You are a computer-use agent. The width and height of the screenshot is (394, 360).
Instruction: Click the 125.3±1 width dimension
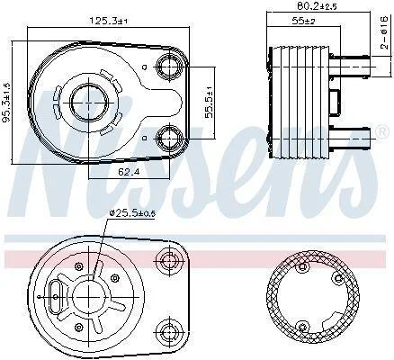(109, 21)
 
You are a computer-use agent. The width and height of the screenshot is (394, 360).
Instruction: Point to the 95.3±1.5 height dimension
(6, 103)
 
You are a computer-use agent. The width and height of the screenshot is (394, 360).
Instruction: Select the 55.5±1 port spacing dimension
(209, 103)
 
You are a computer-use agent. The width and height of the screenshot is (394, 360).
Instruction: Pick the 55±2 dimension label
(303, 21)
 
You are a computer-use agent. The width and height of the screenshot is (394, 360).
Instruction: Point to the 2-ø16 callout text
(384, 33)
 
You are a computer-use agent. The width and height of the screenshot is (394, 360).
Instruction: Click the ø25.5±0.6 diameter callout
(132, 213)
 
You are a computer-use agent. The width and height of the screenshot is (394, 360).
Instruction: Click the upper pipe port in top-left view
(169, 67)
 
